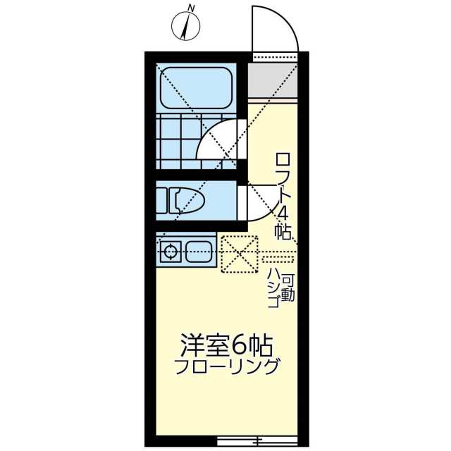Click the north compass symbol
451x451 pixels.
pos(185,27)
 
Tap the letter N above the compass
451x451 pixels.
pos(190,8)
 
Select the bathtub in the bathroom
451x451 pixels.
pos(196,87)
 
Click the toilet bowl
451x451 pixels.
pos(187,200)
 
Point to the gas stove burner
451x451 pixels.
pos(171,252)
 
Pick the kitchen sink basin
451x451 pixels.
pos(199,252)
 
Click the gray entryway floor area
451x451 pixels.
pos(272,80)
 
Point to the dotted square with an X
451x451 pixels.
pos(239,254)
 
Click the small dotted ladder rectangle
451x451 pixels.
pos(278,259)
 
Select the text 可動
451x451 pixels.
pos(288,288)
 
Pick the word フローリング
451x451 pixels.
pos(227,367)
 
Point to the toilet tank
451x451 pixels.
pos(161,200)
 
